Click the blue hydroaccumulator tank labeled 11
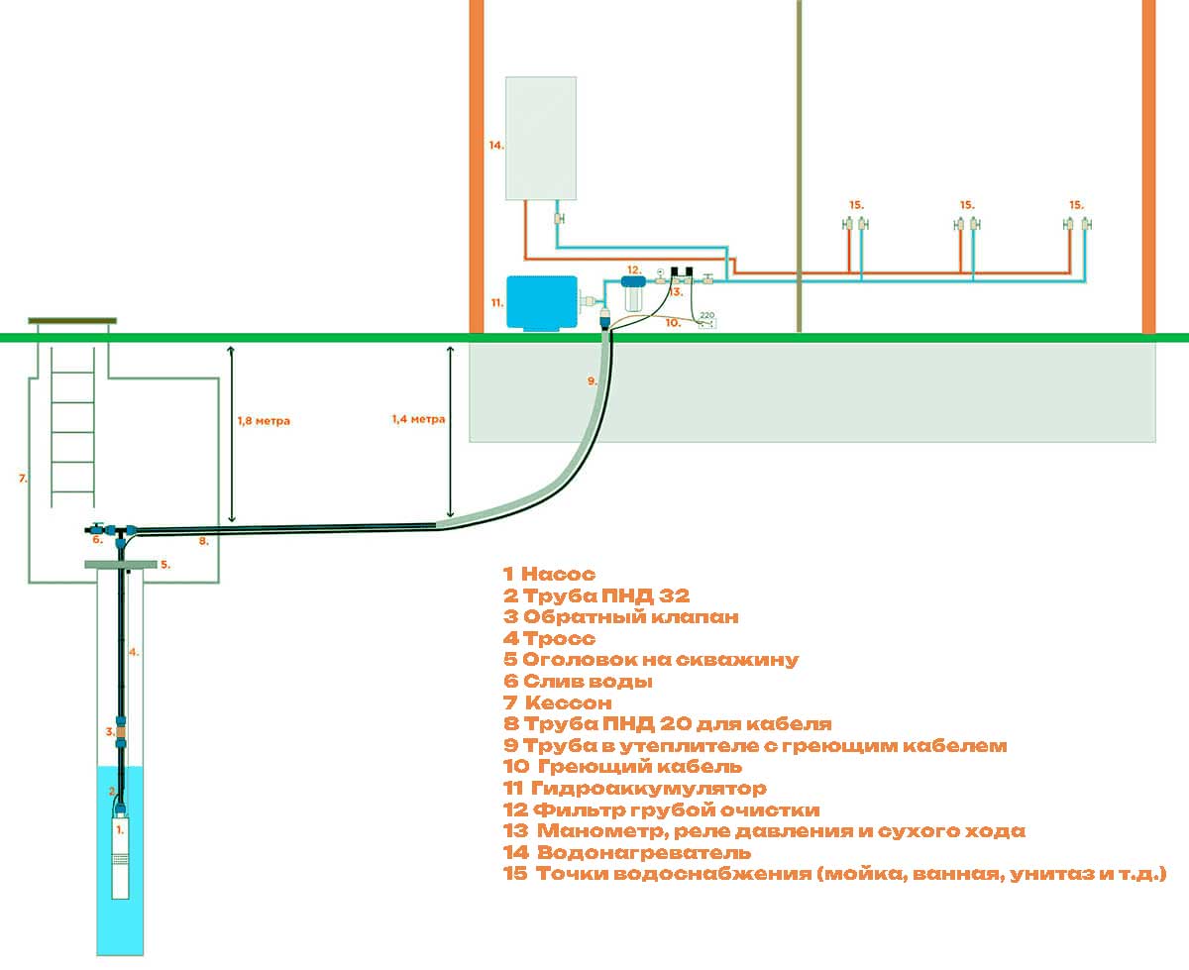pos(542,302)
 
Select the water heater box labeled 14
pos(541,138)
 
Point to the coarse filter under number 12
pos(634,292)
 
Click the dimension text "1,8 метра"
pos(264,421)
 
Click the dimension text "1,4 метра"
pos(418,419)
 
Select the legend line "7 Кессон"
pos(558,702)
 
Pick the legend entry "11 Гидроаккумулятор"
pos(635,788)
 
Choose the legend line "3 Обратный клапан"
pos(620,616)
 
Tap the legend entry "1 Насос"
pos(549,574)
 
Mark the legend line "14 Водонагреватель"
pos(627,852)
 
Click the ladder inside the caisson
pos(72,427)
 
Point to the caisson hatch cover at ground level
pos(72,321)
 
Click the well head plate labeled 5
pos(121,564)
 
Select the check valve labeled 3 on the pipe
pos(121,731)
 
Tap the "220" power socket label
pos(706,315)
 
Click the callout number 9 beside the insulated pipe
pos(592,381)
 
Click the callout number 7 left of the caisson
pos(23,479)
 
